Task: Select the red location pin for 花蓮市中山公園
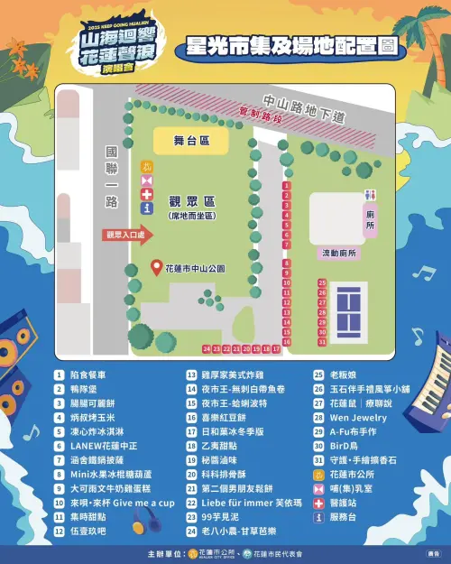[157, 268]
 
